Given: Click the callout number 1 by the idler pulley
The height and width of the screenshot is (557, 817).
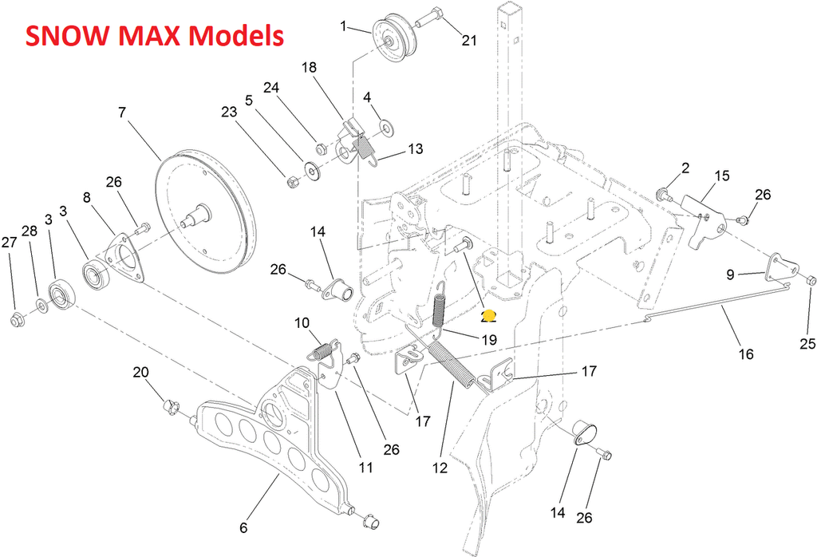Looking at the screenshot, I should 344,26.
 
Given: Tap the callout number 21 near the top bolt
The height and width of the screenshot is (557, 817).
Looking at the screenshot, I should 468,41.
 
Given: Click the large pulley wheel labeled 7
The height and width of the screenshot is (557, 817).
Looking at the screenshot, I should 203,210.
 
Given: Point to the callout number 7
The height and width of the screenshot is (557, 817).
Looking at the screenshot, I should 121,113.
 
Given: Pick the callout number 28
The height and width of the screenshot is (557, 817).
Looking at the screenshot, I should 30,231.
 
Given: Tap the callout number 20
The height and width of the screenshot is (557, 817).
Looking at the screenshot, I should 140,372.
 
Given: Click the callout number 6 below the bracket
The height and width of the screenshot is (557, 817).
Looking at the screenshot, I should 244,527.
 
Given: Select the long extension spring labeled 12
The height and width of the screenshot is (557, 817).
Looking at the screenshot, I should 450,365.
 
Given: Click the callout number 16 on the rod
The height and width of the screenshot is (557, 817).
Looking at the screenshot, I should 746,354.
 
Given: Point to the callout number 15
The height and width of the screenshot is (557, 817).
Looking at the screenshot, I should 722,175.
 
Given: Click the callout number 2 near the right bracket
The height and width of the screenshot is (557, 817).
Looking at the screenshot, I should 685,168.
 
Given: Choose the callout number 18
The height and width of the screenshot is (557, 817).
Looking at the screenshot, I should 310,67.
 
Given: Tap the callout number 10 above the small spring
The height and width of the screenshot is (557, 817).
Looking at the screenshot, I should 302,323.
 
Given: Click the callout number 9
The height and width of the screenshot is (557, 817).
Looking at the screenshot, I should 731,275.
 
